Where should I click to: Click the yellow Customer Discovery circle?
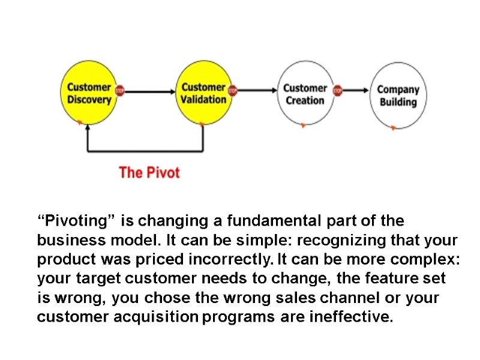[89, 93]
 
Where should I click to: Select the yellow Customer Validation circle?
[203, 93]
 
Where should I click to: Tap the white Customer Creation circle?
[305, 94]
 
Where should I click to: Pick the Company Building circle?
[398, 95]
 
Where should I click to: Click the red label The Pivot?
[149, 173]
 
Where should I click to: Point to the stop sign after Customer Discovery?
[119, 91]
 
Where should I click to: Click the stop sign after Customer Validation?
[233, 91]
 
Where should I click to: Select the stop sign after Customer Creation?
[337, 91]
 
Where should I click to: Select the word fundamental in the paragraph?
[266, 221]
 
